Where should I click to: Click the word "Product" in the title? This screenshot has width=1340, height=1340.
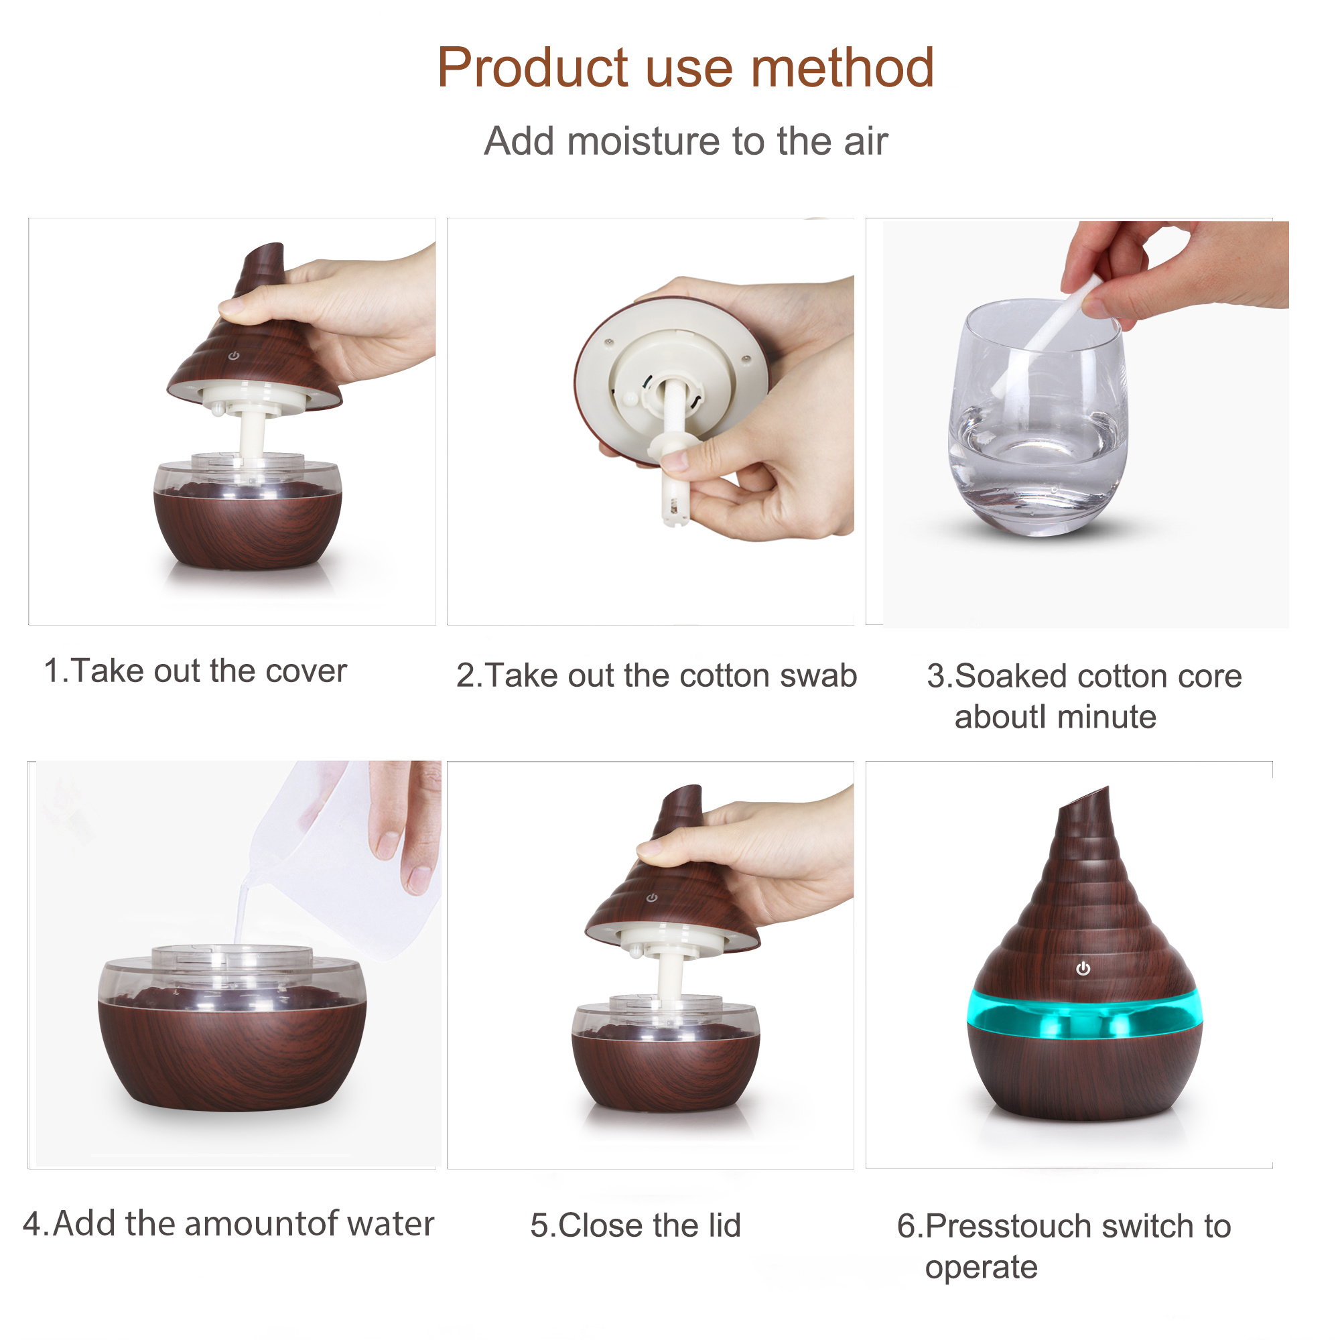point(532,68)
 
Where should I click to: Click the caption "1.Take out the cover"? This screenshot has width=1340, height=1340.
point(195,671)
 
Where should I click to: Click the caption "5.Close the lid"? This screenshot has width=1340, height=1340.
point(635,1225)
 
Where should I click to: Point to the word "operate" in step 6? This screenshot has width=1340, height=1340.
point(981,1268)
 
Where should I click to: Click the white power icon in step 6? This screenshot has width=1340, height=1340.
point(1083,969)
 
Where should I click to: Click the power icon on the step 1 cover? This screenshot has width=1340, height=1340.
point(234,356)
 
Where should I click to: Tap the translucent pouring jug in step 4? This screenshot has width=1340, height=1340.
point(343,856)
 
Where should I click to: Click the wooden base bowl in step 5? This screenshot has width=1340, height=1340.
point(665,1069)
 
